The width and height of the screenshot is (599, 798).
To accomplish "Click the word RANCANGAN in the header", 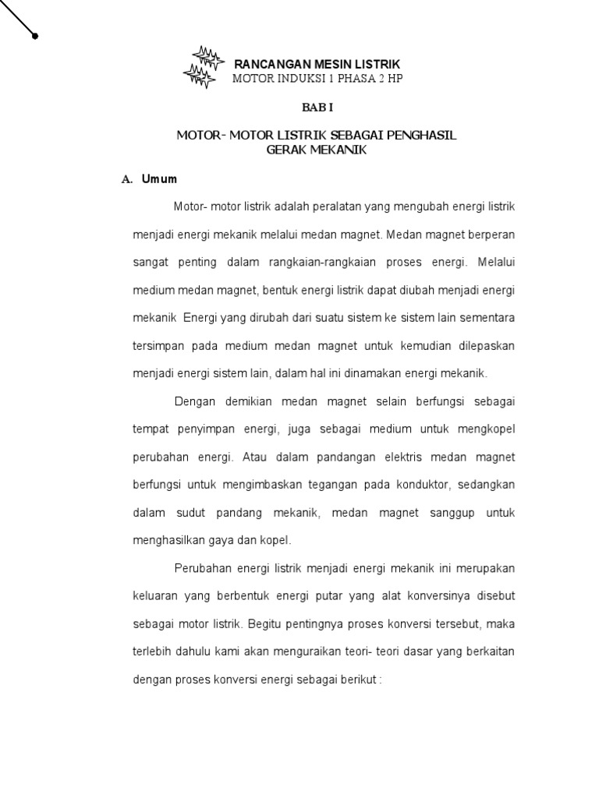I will click(x=261, y=63).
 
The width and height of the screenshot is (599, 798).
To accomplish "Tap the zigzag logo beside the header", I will click(x=200, y=65).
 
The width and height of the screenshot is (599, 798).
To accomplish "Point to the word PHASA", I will click(x=358, y=79).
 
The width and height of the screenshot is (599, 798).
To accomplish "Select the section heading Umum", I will click(x=159, y=179).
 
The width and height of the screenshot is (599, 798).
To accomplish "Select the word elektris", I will click(x=378, y=457).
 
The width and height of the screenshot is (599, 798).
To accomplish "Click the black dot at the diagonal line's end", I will click(x=35, y=35).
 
